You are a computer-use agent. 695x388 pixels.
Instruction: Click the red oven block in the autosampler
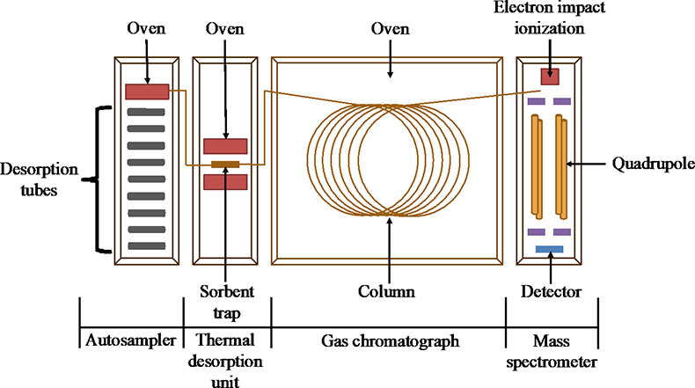[147, 91]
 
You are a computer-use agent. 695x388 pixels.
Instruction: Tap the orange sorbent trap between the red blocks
[225, 164]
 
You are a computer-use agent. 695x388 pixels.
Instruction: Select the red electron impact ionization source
[550, 77]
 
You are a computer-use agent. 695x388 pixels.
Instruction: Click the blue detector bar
[550, 249]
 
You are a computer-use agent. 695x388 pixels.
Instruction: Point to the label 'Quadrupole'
[649, 164]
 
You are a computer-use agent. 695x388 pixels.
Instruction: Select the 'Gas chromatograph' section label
[387, 340]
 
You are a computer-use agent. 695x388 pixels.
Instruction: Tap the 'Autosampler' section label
[130, 340]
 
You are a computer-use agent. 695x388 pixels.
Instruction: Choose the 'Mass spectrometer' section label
[551, 349]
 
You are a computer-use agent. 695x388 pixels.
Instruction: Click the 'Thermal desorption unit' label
[226, 359]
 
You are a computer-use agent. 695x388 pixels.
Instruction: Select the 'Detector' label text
[551, 289]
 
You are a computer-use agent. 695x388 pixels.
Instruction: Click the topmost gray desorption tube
[145, 112]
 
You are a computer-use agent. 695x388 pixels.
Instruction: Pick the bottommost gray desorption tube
[145, 245]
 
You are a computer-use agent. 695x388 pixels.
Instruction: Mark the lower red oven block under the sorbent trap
[225, 182]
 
